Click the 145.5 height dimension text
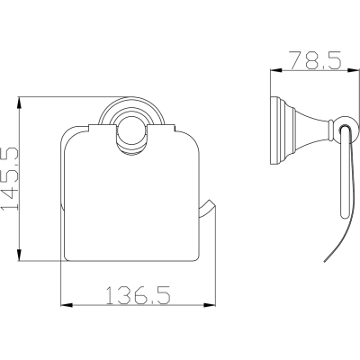tap(10, 178)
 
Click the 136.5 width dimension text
tap(139, 295)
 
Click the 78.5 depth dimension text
tap(315, 60)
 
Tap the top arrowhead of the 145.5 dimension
tap(19, 103)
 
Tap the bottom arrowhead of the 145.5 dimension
tap(19, 255)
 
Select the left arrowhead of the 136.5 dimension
tap(67, 305)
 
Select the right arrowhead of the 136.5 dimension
tap(210, 305)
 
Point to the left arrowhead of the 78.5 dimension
tap(276, 70)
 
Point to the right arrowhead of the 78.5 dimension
tap(353, 70)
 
